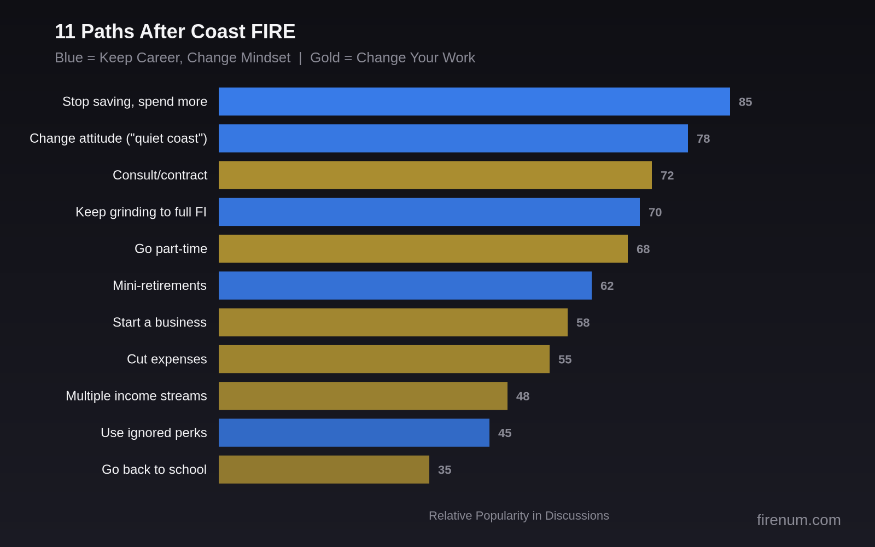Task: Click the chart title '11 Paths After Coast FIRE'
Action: pyautogui.click(x=175, y=32)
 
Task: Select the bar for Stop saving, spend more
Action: pyautogui.click(x=474, y=102)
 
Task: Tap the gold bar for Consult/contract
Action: pyautogui.click(x=435, y=175)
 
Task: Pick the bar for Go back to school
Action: pyautogui.click(x=324, y=469)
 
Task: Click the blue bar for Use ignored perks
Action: pyautogui.click(x=354, y=433)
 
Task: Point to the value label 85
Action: pyautogui.click(x=745, y=102)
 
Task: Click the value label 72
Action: pyautogui.click(x=667, y=176)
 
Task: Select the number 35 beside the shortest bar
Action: pyautogui.click(x=445, y=470)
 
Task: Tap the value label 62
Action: pyautogui.click(x=607, y=286)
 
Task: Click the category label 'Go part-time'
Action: pyautogui.click(x=171, y=249)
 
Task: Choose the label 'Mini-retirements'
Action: pyautogui.click(x=160, y=286)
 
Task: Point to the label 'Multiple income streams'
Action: pyautogui.click(x=136, y=396)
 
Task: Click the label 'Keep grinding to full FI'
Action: pyautogui.click(x=141, y=212)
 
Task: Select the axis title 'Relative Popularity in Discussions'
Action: pyautogui.click(x=518, y=516)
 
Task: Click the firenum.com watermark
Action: pyautogui.click(x=798, y=520)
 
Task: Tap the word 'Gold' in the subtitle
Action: pyautogui.click(x=325, y=58)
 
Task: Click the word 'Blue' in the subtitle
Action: pyautogui.click(x=69, y=58)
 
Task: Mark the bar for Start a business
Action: pyautogui.click(x=393, y=322)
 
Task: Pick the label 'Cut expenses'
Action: pyautogui.click(x=167, y=359)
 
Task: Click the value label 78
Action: pyautogui.click(x=703, y=139)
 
